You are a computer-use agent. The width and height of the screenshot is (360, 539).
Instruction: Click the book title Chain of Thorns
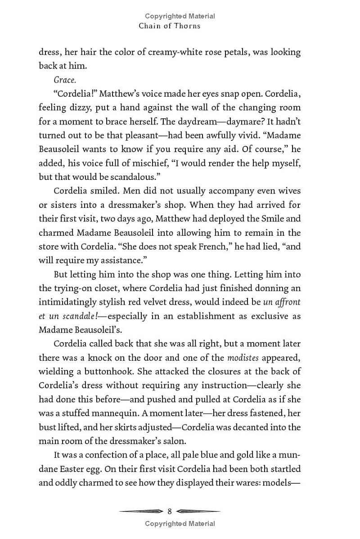[170, 26]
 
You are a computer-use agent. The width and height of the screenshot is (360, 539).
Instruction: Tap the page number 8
[170, 511]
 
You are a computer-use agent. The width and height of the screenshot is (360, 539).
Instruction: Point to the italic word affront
[283, 302]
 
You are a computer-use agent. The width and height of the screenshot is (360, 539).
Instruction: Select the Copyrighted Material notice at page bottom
[180, 523]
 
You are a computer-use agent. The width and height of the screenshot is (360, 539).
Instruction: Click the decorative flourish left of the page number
[140, 511]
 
